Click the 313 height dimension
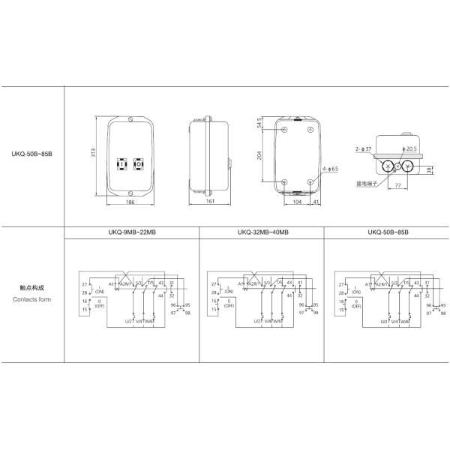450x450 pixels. click(x=94, y=154)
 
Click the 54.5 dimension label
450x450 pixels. click(x=260, y=124)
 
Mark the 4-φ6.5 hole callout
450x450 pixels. click(x=330, y=169)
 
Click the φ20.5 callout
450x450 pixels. click(x=409, y=149)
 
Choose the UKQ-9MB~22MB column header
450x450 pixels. click(x=132, y=233)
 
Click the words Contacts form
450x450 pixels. click(x=32, y=298)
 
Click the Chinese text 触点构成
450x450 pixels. click(x=32, y=287)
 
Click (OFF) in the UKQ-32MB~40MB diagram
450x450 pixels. click(x=229, y=305)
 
